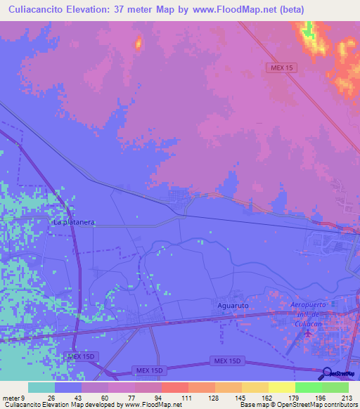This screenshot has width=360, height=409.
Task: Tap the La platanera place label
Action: pos(74,222)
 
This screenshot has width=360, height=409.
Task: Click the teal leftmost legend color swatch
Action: pos(41,387)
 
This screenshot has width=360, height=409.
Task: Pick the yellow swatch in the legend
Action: pos(281,387)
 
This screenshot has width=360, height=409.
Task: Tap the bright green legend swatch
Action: pos(308,387)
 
